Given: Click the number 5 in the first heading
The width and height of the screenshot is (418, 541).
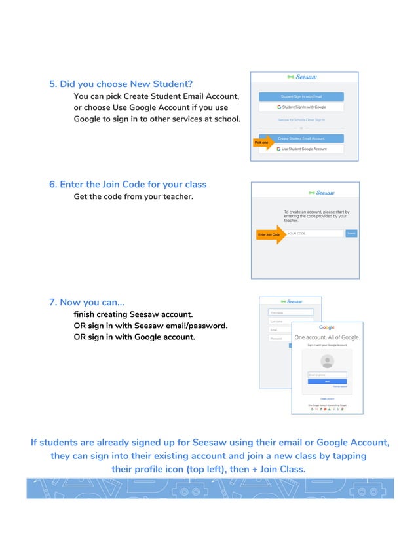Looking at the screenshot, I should pyautogui.click(x=53, y=84).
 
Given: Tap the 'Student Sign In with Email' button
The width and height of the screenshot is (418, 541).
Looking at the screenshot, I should pyautogui.click(x=301, y=96).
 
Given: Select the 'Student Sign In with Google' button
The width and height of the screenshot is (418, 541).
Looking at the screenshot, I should pyautogui.click(x=301, y=107).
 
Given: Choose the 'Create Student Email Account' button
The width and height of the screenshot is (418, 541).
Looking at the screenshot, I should pyautogui.click(x=301, y=138).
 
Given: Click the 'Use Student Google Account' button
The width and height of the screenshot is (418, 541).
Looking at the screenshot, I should pyautogui.click(x=301, y=149).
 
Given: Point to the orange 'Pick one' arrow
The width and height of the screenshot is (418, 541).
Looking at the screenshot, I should pyautogui.click(x=263, y=142).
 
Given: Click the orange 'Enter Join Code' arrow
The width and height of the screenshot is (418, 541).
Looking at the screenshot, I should pyautogui.click(x=271, y=234).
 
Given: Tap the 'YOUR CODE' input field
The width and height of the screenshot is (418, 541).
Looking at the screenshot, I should pyautogui.click(x=314, y=233).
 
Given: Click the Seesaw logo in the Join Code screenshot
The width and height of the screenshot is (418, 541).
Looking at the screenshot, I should pyautogui.click(x=322, y=193).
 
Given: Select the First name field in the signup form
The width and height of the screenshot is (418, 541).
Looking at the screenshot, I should pyautogui.click(x=291, y=312).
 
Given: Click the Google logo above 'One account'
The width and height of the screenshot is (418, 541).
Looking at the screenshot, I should pyautogui.click(x=327, y=327).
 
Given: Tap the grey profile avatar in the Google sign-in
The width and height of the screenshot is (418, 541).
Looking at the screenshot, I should pyautogui.click(x=327, y=361).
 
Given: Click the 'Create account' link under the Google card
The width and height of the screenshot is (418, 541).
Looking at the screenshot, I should pyautogui.click(x=327, y=398).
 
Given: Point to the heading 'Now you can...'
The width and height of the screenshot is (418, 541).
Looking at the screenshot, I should pyautogui.click(x=87, y=302).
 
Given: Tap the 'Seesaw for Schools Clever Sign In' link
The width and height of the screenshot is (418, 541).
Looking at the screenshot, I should pyautogui.click(x=301, y=120).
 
